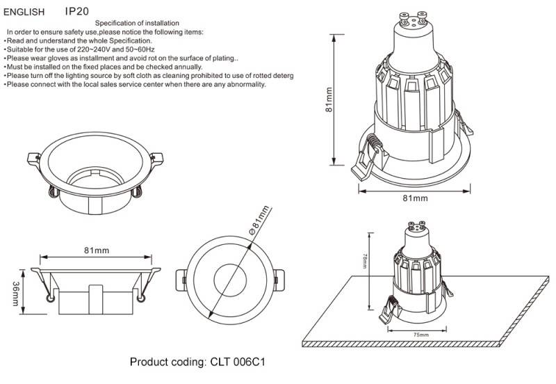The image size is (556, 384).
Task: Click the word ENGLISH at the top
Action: point(24,13)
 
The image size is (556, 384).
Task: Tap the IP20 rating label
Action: point(76,12)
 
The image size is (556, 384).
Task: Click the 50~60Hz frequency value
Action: point(138,50)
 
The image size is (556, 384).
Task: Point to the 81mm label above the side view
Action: point(96,250)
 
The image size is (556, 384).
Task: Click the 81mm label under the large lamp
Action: point(415,198)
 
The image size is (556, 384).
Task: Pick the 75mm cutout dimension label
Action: point(420,335)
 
